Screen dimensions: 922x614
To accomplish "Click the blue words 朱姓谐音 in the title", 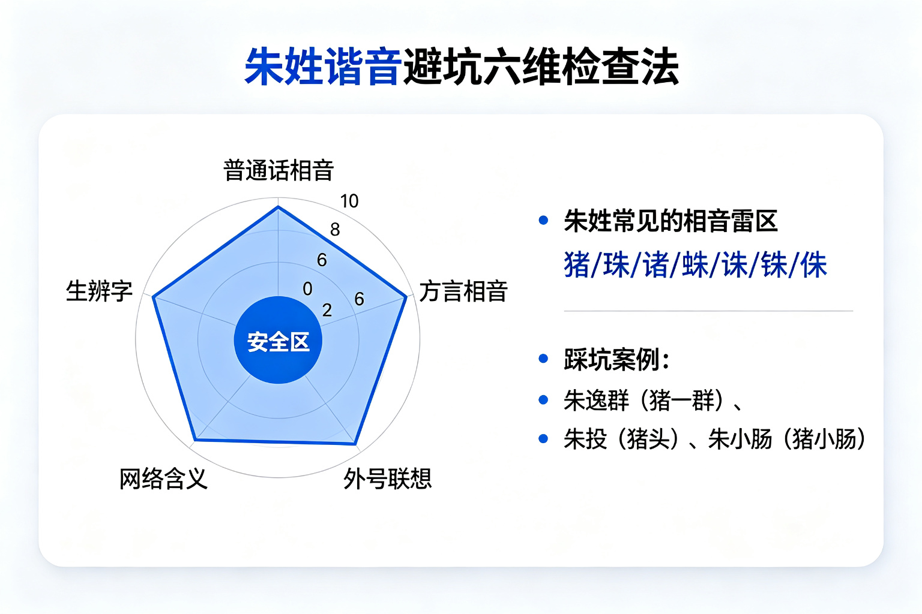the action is coord(323,66).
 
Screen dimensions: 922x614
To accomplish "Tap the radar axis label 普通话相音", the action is coord(279,170).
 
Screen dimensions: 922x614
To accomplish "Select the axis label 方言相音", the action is coord(463,291).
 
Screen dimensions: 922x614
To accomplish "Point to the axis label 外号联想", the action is coord(387,478).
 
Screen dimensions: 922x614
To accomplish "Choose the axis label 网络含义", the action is coord(163,478).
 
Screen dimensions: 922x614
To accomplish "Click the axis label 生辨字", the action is coord(99,291).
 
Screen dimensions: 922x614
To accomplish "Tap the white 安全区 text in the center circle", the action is coord(279,342).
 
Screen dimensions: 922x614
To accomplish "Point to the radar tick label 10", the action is coord(349,201).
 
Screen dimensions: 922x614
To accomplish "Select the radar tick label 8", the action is coord(335,230).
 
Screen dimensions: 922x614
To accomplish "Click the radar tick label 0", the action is coord(307,288).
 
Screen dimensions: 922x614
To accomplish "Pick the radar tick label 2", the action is coord(327,310).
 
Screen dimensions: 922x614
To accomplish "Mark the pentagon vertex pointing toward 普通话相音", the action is coord(279,207).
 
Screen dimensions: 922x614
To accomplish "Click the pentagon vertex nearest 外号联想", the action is coord(355,443).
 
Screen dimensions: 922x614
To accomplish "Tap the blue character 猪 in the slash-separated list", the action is coord(577,265).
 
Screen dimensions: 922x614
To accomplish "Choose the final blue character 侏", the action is coord(814,265).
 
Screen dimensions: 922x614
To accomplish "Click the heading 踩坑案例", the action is coord(612,359).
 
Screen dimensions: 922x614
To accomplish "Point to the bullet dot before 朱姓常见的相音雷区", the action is coord(543,221).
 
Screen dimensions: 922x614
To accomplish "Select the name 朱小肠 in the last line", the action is coord(740,439).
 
